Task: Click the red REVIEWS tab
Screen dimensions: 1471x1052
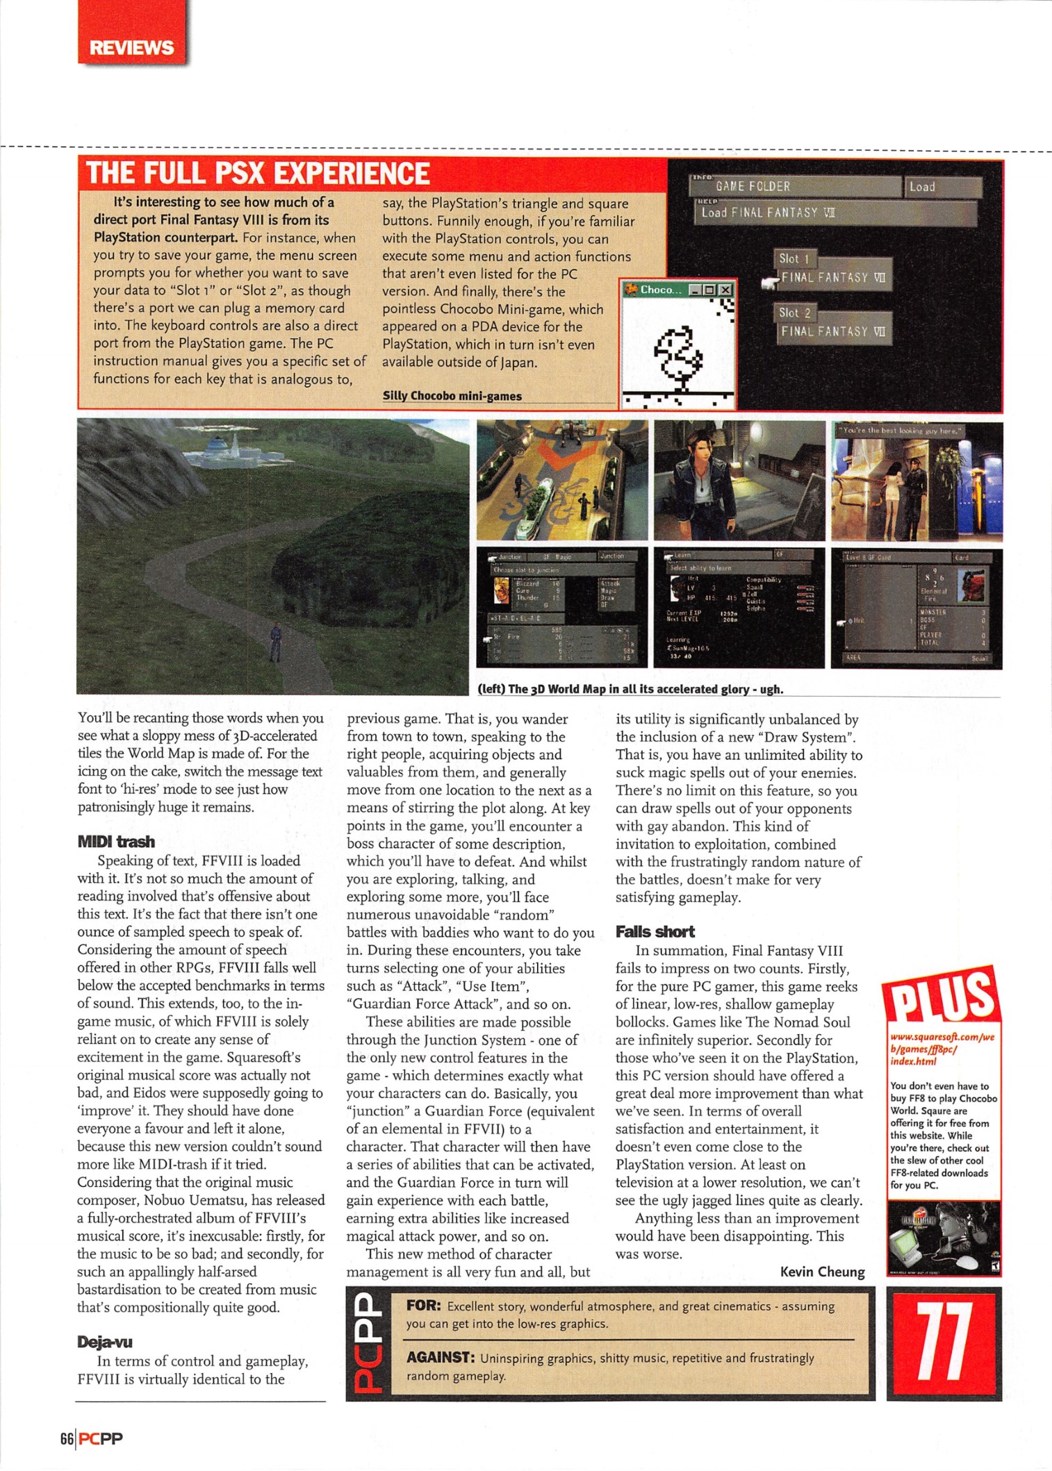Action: point(131,47)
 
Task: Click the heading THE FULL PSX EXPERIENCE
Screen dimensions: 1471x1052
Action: point(258,173)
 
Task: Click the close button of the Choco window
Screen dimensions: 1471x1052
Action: point(725,290)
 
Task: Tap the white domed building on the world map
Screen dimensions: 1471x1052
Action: point(224,447)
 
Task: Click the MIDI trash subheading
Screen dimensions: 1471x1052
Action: point(116,842)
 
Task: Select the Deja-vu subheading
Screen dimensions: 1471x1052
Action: point(104,1342)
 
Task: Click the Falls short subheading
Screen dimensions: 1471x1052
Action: point(655,931)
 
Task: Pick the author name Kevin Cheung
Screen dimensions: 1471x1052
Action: point(822,1272)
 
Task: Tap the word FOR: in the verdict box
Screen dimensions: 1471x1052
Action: point(423,1305)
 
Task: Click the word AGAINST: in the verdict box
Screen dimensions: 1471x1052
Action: point(441,1357)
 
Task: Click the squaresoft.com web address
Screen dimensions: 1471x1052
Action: point(942,1049)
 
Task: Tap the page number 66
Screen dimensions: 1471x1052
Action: point(67,1439)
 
